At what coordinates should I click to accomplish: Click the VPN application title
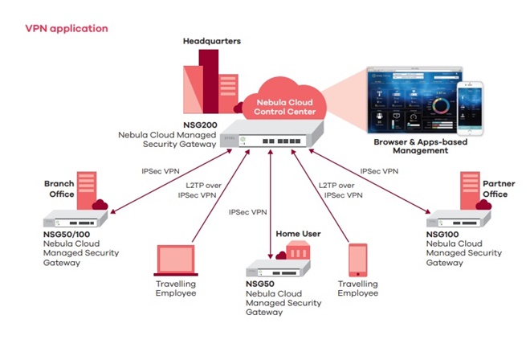click(66, 28)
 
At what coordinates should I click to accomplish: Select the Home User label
click(298, 234)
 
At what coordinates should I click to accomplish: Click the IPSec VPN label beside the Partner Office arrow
click(381, 171)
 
